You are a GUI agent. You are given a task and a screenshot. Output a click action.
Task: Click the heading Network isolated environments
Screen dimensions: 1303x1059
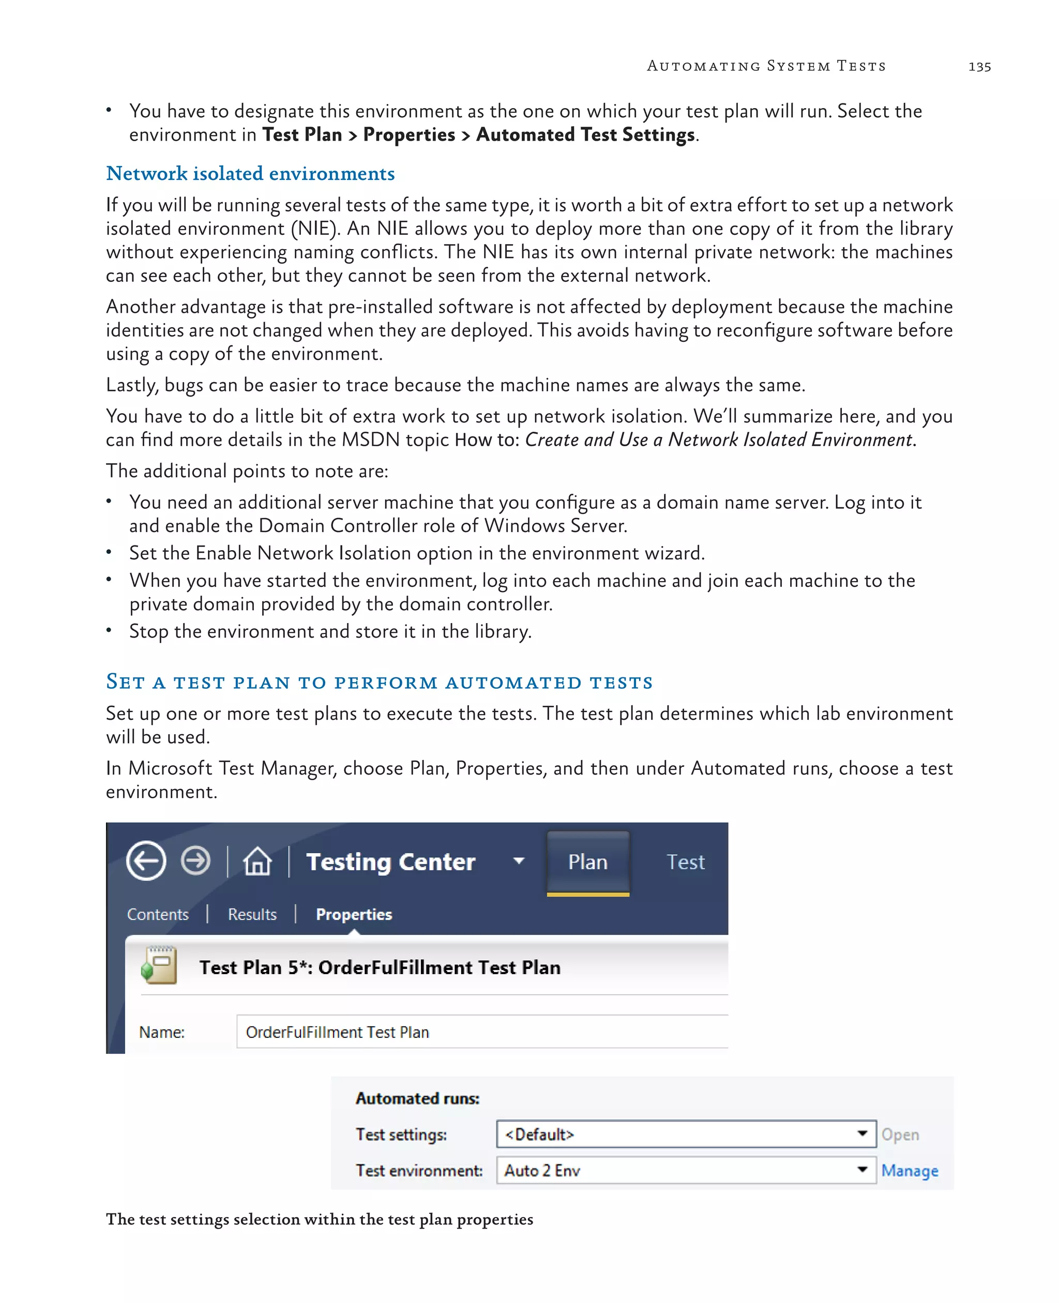point(250,174)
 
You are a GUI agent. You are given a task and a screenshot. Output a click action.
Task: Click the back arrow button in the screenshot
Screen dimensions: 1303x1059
point(146,861)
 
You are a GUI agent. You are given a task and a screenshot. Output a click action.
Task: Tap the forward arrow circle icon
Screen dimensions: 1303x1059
point(196,861)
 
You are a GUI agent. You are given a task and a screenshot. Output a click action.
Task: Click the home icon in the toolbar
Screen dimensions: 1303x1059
point(258,862)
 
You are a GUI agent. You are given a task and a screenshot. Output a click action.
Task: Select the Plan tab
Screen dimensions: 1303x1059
point(587,862)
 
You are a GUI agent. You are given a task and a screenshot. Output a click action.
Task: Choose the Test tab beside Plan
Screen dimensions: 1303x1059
point(685,862)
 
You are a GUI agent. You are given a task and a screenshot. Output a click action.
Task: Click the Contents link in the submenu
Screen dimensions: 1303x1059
point(157,914)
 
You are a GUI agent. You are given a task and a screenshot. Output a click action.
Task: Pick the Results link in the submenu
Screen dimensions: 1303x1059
point(252,914)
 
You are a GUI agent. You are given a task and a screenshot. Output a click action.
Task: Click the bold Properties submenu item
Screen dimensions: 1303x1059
point(354,914)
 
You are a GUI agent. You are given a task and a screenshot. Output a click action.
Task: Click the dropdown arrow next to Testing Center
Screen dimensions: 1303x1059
point(519,861)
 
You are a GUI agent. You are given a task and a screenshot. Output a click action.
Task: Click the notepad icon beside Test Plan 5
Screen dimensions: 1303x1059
point(159,965)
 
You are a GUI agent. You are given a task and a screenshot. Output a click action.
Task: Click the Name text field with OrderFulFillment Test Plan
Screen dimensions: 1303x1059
point(482,1032)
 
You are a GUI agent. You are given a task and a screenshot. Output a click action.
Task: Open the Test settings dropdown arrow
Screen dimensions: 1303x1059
point(862,1133)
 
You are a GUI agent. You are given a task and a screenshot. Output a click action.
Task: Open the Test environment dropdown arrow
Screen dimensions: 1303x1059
point(862,1170)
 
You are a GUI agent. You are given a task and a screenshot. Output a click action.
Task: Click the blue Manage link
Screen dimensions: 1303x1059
point(909,1171)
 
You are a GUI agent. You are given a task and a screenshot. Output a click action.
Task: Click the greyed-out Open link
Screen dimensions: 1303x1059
point(900,1134)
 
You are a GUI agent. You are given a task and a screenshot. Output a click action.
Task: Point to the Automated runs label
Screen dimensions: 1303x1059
point(417,1099)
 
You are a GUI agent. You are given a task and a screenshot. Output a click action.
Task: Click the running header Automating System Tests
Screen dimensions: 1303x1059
point(766,66)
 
